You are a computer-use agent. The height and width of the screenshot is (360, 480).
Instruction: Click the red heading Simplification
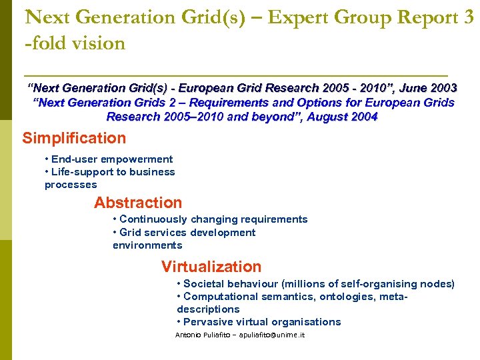coord(74,139)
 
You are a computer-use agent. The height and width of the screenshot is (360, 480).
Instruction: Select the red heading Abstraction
coord(138,203)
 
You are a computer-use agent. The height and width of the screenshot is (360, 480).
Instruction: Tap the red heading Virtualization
coord(211,267)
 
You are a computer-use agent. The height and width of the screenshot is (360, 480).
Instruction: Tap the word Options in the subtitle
coord(308,103)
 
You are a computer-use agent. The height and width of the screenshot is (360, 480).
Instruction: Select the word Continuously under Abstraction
coord(153,219)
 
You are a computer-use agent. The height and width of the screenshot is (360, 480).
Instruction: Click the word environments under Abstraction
coord(147,245)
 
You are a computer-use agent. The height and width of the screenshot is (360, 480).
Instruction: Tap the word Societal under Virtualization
coord(204,284)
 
